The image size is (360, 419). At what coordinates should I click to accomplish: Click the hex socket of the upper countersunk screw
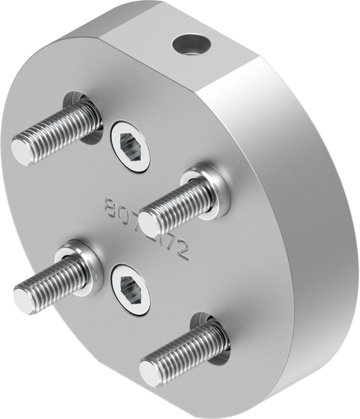(x=130, y=147)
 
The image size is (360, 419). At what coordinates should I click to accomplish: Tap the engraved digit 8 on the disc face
(x=111, y=208)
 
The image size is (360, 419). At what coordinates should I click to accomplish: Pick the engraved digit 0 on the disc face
(x=124, y=214)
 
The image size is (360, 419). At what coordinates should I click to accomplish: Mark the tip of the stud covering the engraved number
(x=149, y=224)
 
